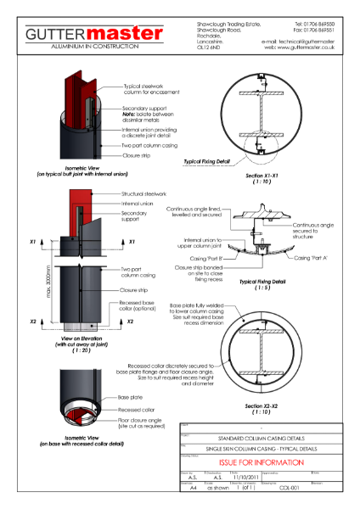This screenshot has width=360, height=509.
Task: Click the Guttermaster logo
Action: (x=93, y=33)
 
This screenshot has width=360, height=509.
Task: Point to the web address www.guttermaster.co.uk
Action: (x=303, y=48)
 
